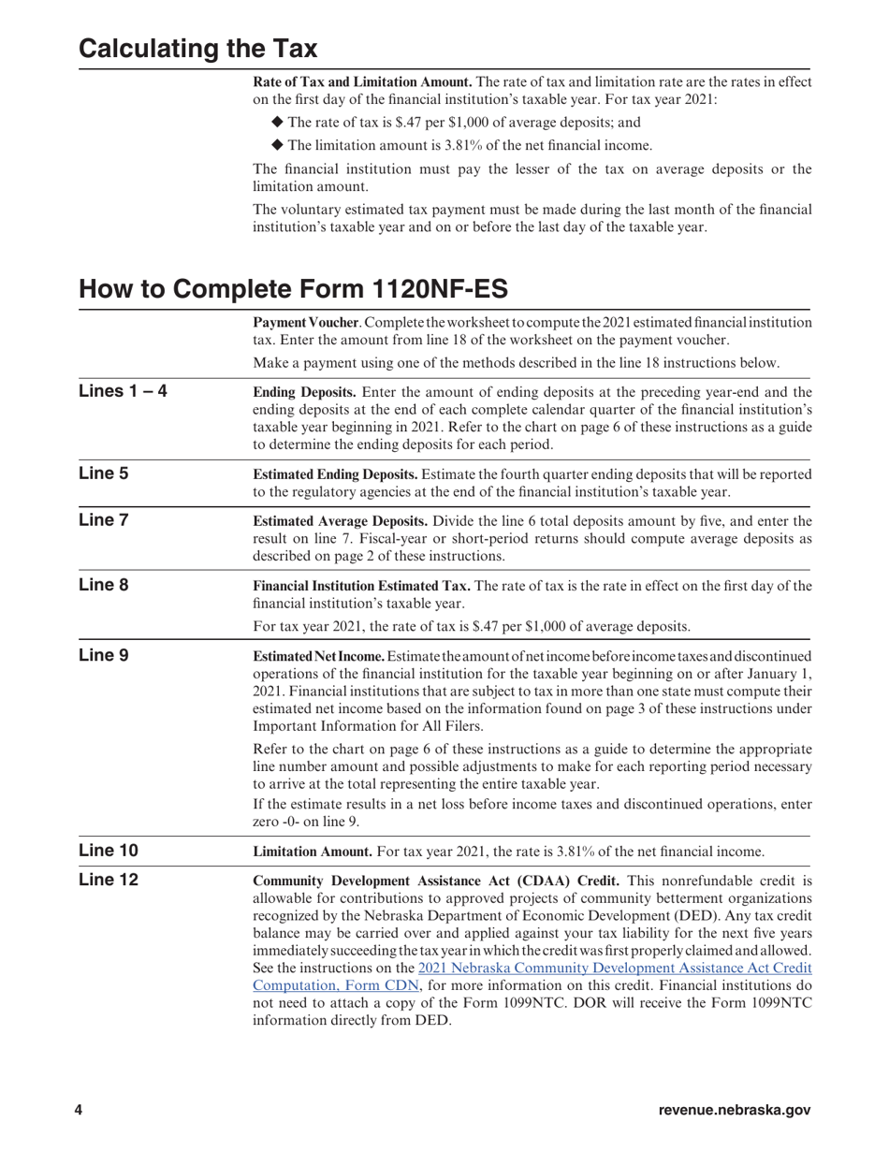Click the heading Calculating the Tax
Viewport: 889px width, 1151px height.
197,49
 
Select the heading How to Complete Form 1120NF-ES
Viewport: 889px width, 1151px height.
293,288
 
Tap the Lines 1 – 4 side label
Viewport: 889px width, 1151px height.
123,391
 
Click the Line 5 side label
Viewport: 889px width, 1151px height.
104,474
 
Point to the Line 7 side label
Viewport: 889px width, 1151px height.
104,519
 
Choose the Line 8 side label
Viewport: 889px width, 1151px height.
104,585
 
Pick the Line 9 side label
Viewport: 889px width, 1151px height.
104,655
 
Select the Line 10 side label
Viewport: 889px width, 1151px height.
109,851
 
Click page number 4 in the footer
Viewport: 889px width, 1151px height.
79,1110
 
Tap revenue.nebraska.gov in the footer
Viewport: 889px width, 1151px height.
735,1110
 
